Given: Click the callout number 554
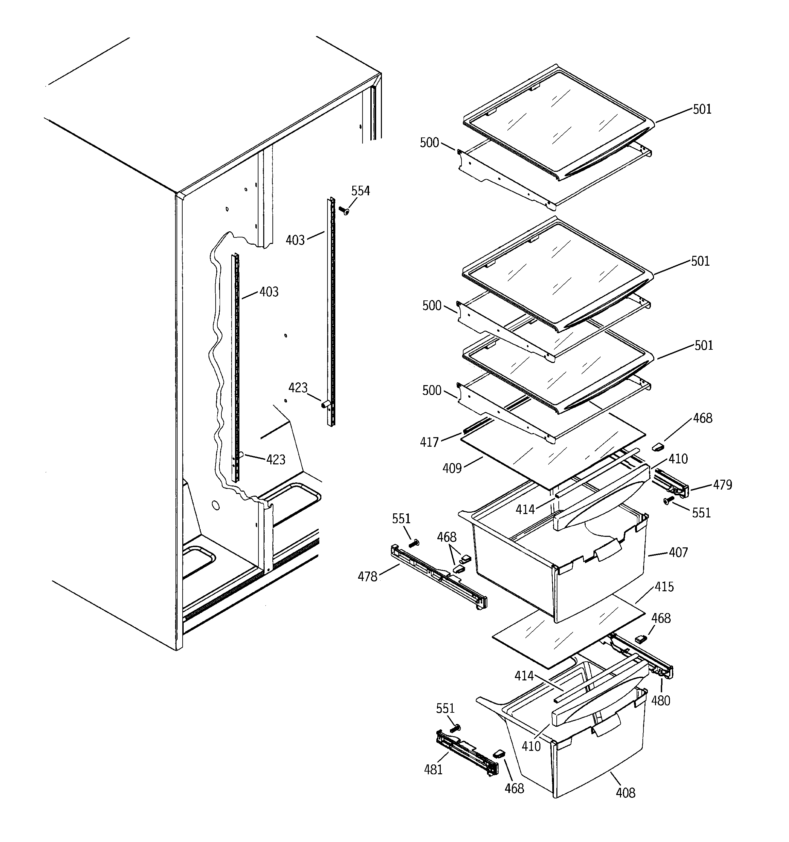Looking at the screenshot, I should [360, 191].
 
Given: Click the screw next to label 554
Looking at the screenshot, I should [344, 210].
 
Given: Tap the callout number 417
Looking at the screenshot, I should [429, 442].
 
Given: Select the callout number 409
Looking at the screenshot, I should [452, 468].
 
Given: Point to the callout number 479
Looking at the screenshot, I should [722, 484].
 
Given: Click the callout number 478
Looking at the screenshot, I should [367, 576].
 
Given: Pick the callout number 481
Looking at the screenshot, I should [433, 769].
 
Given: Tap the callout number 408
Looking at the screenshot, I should [625, 792].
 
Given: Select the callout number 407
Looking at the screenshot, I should [678, 552].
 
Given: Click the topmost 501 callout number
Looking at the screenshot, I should [702, 109].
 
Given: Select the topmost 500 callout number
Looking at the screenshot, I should [429, 143].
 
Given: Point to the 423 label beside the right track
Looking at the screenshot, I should [298, 387].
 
